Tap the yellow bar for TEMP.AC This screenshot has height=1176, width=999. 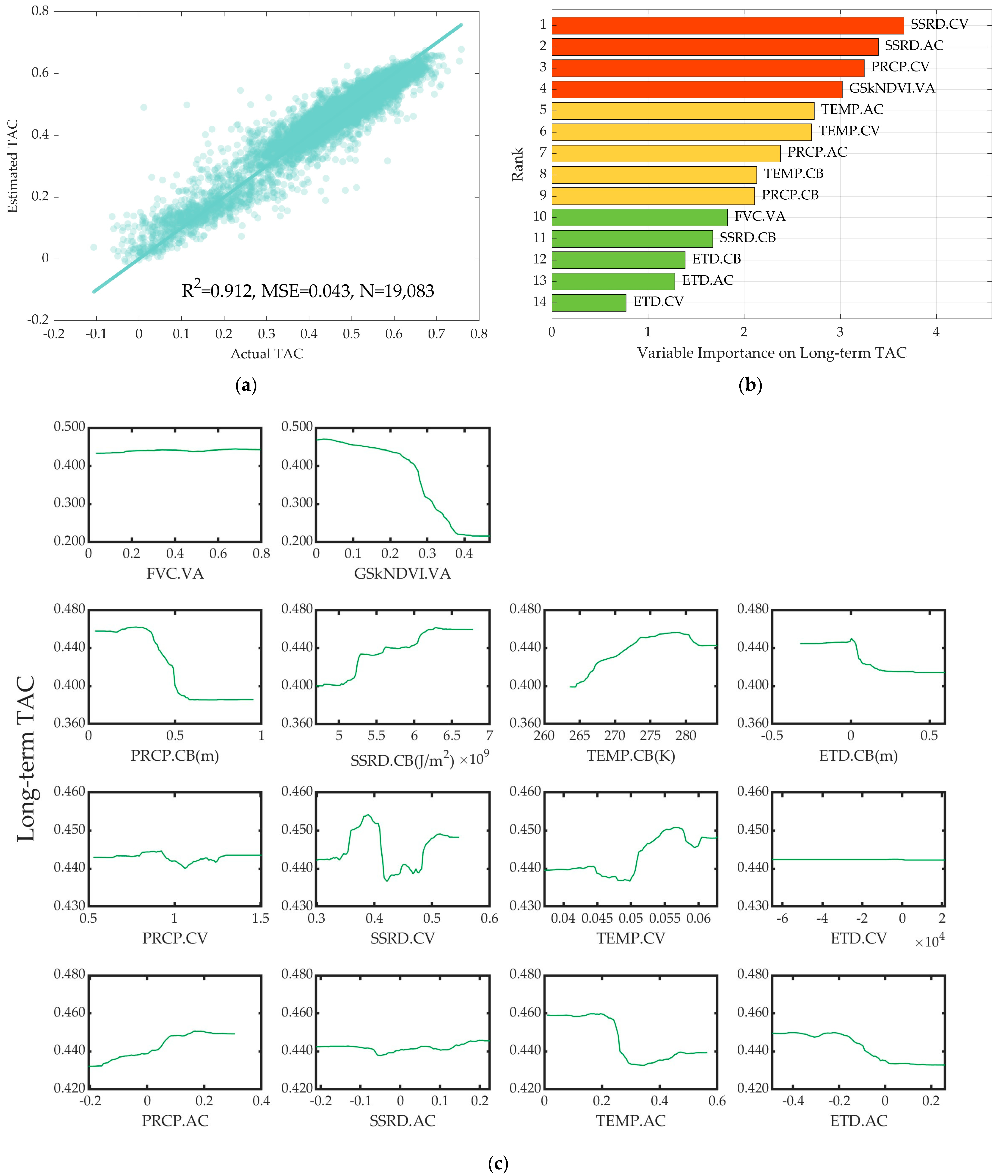coord(682,110)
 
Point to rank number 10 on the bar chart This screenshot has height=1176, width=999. coord(540,216)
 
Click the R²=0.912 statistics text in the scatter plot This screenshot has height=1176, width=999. coord(308,291)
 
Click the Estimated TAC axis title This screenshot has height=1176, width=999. coord(12,166)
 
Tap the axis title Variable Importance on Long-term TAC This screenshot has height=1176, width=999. coord(771,353)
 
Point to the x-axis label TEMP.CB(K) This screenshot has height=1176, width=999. coord(630,756)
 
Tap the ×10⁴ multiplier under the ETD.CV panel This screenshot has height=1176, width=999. coord(929,941)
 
